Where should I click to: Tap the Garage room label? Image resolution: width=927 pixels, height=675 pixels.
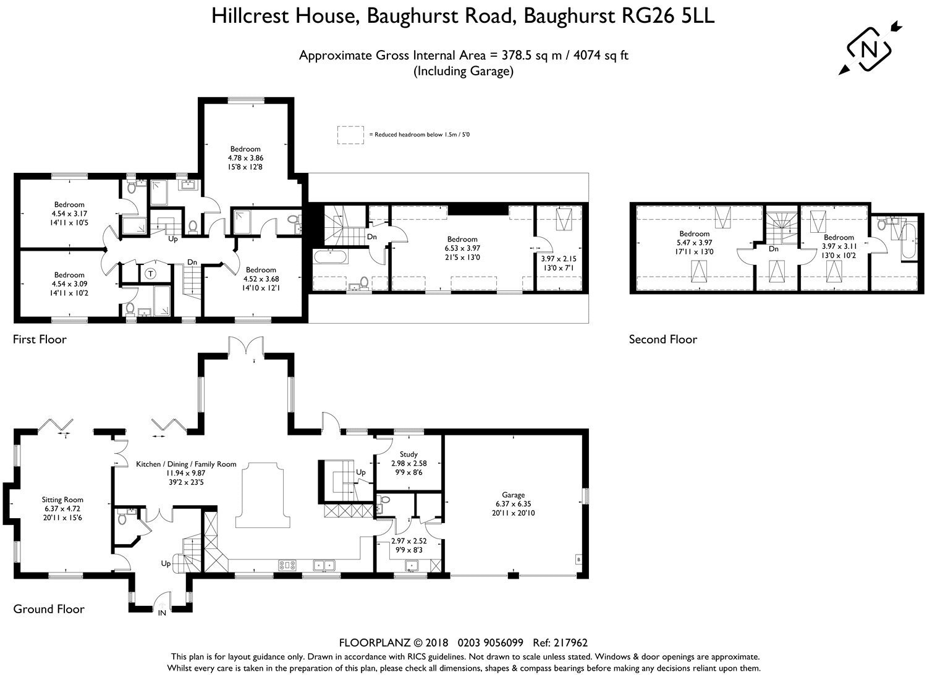(x=513, y=495)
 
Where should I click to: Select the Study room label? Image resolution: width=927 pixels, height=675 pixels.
(x=408, y=454)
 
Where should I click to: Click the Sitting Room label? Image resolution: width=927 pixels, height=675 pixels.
(x=62, y=500)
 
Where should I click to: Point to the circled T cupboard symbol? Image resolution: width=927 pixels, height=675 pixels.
(x=151, y=274)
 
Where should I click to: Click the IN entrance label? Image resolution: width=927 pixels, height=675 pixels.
(x=162, y=613)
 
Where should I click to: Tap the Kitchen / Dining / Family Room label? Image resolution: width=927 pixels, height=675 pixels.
(x=186, y=464)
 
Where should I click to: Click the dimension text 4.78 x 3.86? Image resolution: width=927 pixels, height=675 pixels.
(x=245, y=158)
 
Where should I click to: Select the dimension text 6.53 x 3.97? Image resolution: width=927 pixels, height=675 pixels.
(x=462, y=248)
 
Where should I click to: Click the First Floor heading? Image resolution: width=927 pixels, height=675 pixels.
(x=40, y=340)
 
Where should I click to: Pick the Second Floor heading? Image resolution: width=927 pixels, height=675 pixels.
(x=663, y=340)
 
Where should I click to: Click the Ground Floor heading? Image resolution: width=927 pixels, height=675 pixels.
(x=49, y=609)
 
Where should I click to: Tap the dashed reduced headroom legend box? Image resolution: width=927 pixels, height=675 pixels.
(x=350, y=135)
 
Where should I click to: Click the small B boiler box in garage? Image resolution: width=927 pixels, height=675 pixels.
(x=578, y=560)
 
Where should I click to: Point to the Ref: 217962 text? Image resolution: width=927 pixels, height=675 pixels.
(x=561, y=643)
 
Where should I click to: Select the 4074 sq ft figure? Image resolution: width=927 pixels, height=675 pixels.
(x=601, y=56)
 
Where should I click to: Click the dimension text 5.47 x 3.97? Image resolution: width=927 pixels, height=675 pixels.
(x=695, y=243)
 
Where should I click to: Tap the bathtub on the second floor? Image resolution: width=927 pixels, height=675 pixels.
(x=909, y=241)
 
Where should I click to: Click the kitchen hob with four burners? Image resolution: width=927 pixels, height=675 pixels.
(x=287, y=564)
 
